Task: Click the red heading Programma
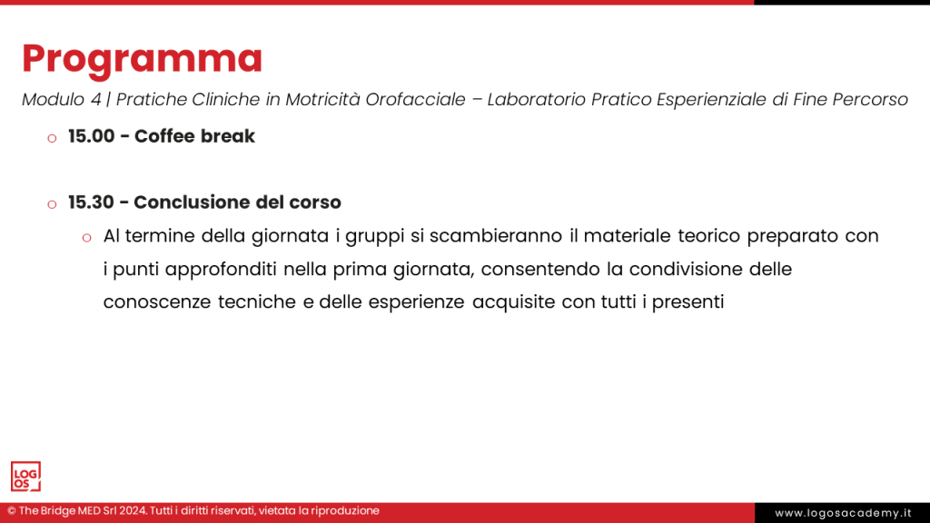tap(142, 59)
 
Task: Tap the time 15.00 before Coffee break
tap(92, 136)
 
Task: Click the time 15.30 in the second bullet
tap(91, 202)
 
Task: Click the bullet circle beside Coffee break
tap(52, 139)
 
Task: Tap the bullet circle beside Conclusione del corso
tap(52, 204)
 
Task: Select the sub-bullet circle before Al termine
tap(86, 239)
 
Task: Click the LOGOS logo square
tap(25, 477)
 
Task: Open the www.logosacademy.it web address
tap(843, 513)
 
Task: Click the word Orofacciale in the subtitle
tap(415, 100)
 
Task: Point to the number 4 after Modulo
tap(96, 100)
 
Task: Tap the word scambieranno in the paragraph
tap(496, 236)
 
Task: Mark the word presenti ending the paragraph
tap(688, 302)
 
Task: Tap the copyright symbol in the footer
tap(11, 511)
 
